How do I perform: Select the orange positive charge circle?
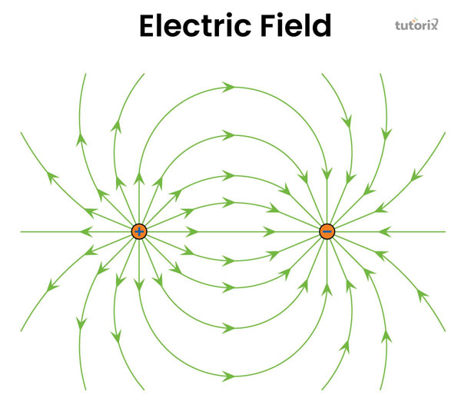(x=139, y=231)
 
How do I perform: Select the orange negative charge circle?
(x=327, y=231)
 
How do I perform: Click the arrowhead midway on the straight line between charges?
(x=270, y=231)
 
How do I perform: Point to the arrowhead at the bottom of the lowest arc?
(x=229, y=376)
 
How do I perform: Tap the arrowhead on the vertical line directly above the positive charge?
(x=139, y=177)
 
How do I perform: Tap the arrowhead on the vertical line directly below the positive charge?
(x=139, y=284)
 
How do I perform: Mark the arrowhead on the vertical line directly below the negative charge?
(x=327, y=287)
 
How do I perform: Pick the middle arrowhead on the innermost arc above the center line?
(x=227, y=202)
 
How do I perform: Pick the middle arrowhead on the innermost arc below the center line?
(x=229, y=261)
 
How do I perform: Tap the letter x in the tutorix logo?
(x=433, y=25)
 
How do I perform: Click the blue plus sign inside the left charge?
(x=139, y=231)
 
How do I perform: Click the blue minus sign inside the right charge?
(x=327, y=231)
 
